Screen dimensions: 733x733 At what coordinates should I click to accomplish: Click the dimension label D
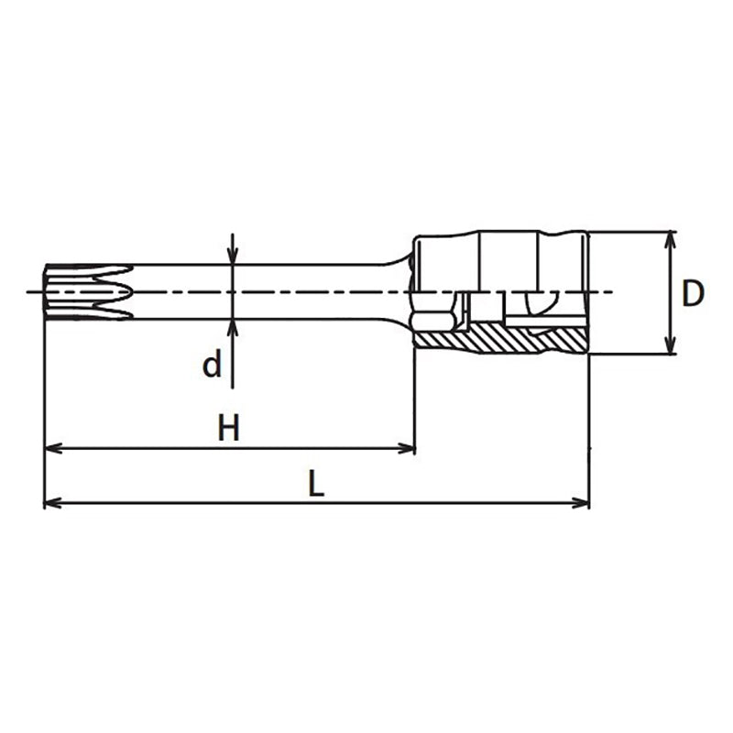click(x=695, y=293)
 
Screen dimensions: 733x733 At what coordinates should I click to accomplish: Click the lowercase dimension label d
click(x=212, y=366)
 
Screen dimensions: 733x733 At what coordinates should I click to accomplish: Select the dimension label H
click(x=228, y=428)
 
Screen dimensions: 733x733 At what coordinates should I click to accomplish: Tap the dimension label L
click(x=315, y=483)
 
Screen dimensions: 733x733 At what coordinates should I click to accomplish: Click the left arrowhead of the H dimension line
click(x=52, y=448)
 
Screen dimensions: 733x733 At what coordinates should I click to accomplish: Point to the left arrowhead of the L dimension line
click(x=52, y=502)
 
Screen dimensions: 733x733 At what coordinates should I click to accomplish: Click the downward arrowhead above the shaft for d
click(x=233, y=257)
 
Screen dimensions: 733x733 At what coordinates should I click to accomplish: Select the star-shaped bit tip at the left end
click(x=87, y=292)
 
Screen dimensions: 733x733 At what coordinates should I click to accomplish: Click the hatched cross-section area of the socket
click(x=499, y=340)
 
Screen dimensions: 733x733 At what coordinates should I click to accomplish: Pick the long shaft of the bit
click(x=275, y=292)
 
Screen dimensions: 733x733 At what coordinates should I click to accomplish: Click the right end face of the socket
click(x=586, y=293)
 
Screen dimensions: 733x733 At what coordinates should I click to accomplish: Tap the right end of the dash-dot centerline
click(x=609, y=292)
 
